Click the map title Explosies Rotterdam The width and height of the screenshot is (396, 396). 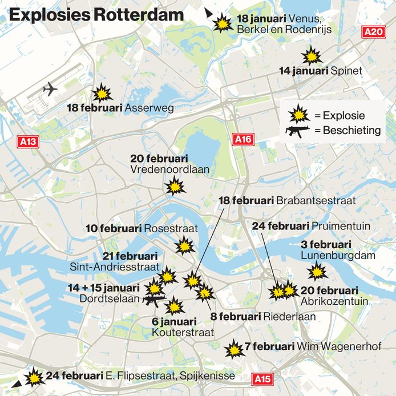(x=96, y=15)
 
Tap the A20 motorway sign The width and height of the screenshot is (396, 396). (x=374, y=32)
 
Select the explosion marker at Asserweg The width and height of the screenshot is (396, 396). (x=103, y=92)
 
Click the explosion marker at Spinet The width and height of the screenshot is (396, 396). (x=312, y=56)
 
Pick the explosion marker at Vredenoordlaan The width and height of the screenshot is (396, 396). (x=175, y=186)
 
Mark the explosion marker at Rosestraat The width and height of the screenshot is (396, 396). (x=185, y=247)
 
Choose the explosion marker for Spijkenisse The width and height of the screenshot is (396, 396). (x=34, y=377)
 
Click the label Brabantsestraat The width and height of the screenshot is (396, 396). (x=316, y=201)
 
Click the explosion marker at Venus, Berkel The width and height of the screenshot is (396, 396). (x=222, y=23)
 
